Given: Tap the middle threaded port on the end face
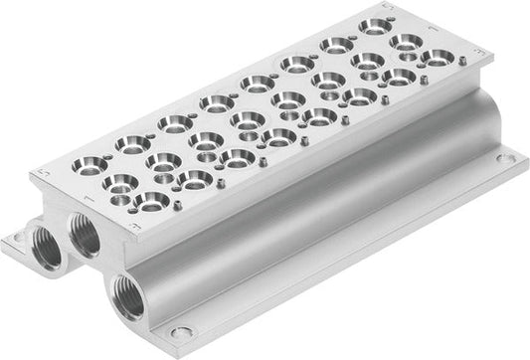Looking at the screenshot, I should (x=83, y=237).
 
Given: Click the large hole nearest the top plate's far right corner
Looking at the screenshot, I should (x=437, y=60).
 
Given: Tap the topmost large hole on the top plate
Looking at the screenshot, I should (x=375, y=25).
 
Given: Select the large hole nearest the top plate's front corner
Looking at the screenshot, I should (x=150, y=203).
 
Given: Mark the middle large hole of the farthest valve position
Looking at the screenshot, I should (x=406, y=42).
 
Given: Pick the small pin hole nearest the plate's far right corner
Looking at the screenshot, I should (x=459, y=70).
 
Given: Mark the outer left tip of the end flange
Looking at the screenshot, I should (x=2, y=239).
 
